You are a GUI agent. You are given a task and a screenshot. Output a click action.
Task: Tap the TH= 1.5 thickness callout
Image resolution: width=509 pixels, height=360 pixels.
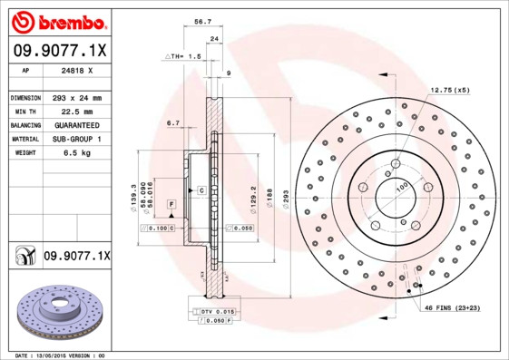(184, 56)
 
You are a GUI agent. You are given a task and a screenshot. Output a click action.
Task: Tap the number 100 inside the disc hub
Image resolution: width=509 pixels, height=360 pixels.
(400, 190)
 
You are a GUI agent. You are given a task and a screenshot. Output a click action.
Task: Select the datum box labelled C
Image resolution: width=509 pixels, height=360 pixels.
(201, 190)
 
